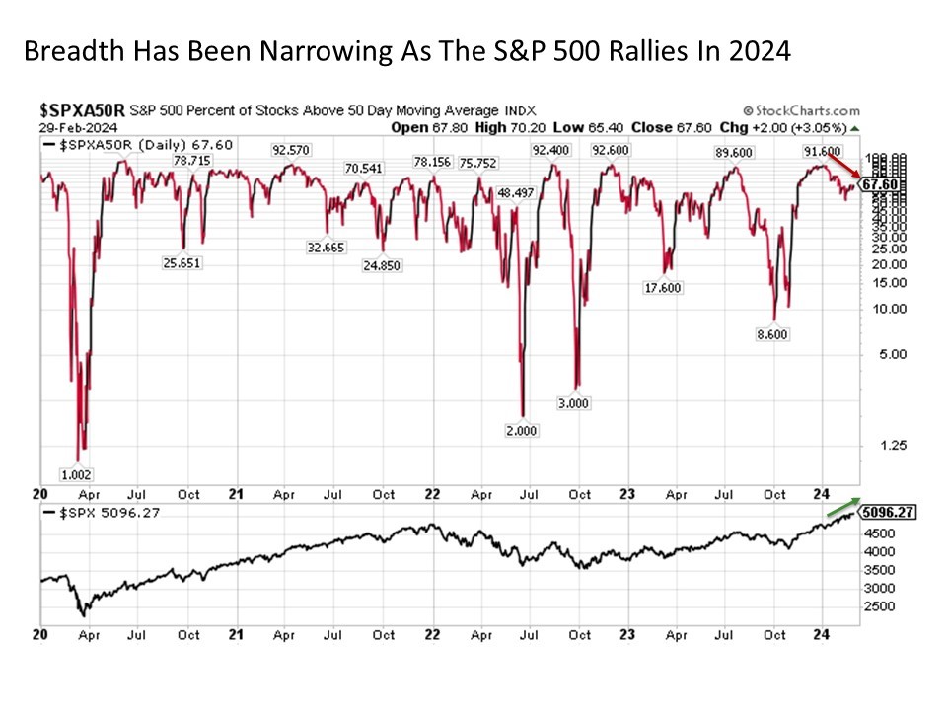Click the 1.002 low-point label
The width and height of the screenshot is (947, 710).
coord(76,474)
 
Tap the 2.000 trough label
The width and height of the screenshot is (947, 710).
coord(523,431)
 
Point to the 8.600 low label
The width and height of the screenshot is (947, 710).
coord(774,334)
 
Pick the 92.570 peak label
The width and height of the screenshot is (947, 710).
coord(293,150)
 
